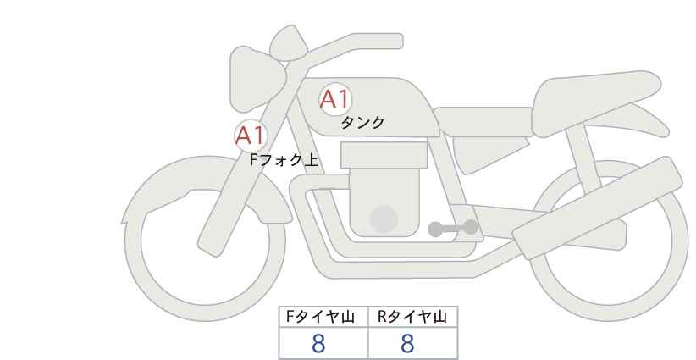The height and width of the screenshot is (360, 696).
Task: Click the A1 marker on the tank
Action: (335, 99)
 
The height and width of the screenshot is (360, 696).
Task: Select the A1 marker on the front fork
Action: (251, 136)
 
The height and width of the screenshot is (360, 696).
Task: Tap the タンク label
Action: (362, 123)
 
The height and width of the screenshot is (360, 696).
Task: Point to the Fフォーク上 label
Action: (284, 160)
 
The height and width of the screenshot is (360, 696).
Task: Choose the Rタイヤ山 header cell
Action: (413, 317)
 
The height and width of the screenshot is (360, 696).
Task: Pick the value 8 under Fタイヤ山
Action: (318, 344)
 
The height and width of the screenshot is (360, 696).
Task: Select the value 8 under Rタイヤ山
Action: (407, 344)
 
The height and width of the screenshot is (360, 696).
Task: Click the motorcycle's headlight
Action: (256, 80)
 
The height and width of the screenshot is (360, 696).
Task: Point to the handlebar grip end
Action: (390, 41)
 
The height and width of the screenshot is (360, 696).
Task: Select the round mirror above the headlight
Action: (289, 43)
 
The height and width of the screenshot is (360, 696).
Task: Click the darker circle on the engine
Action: (384, 219)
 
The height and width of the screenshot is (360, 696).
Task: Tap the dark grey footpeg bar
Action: (453, 228)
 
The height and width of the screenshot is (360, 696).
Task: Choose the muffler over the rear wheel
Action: (598, 208)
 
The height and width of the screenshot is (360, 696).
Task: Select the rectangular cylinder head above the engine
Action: (384, 155)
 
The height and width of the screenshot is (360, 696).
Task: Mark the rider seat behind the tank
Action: (483, 121)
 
